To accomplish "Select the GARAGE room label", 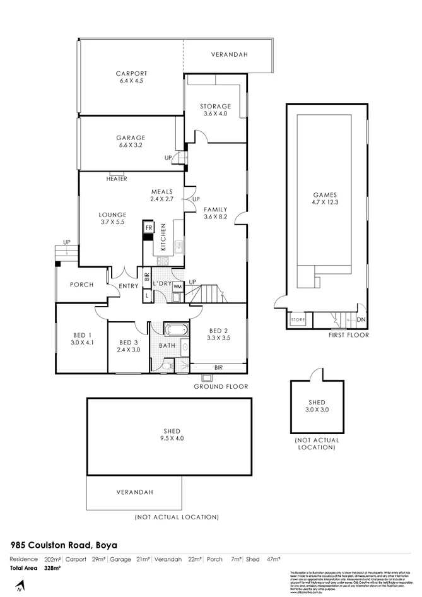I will (x=131, y=138).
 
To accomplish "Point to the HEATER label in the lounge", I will (x=117, y=179).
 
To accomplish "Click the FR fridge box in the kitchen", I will (x=149, y=227).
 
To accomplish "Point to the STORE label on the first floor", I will (x=298, y=321).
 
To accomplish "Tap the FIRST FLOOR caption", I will (x=348, y=335).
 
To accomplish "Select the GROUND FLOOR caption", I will (x=221, y=386).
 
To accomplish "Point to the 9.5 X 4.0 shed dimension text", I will (x=167, y=439).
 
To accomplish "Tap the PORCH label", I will (x=81, y=285).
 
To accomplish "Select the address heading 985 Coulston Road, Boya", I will (x=63, y=545).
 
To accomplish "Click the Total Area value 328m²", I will (x=52, y=569).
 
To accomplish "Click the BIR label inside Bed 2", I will (x=218, y=367).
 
